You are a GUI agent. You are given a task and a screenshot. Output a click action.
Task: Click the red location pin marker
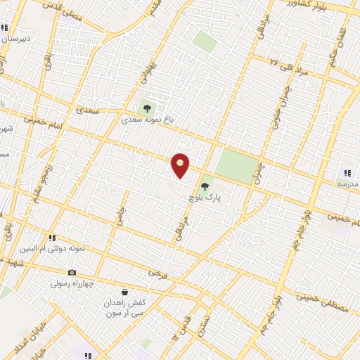pyautogui.click(x=180, y=165)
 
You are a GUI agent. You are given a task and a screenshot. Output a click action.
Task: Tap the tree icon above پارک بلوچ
pyautogui.click(x=205, y=186)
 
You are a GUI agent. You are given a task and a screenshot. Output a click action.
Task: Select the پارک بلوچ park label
pyautogui.click(x=205, y=198)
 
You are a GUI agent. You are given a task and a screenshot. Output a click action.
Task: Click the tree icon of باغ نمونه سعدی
pyautogui.click(x=148, y=108)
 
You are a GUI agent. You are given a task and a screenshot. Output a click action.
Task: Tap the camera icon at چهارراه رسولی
pyautogui.click(x=72, y=273)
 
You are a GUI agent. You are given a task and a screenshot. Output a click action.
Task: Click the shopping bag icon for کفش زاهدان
pyautogui.click(x=124, y=292)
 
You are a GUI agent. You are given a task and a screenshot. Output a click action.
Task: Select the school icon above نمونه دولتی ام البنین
pyautogui.click(x=52, y=238)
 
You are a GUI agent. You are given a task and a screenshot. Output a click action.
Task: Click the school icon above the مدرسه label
pyautogui.click(x=347, y=173)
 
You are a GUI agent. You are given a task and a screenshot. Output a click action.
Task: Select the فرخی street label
pyautogui.click(x=157, y=272)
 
